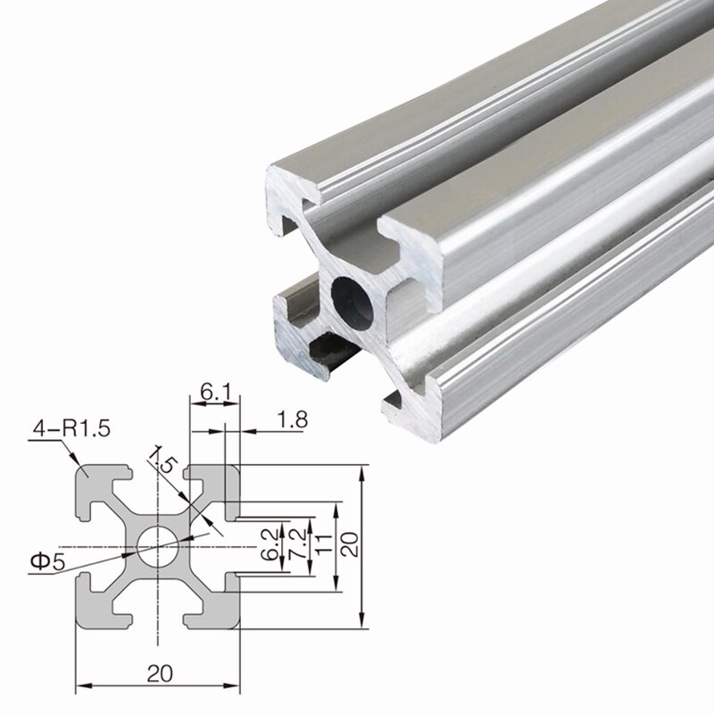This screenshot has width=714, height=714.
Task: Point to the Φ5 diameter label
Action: click(46, 561)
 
